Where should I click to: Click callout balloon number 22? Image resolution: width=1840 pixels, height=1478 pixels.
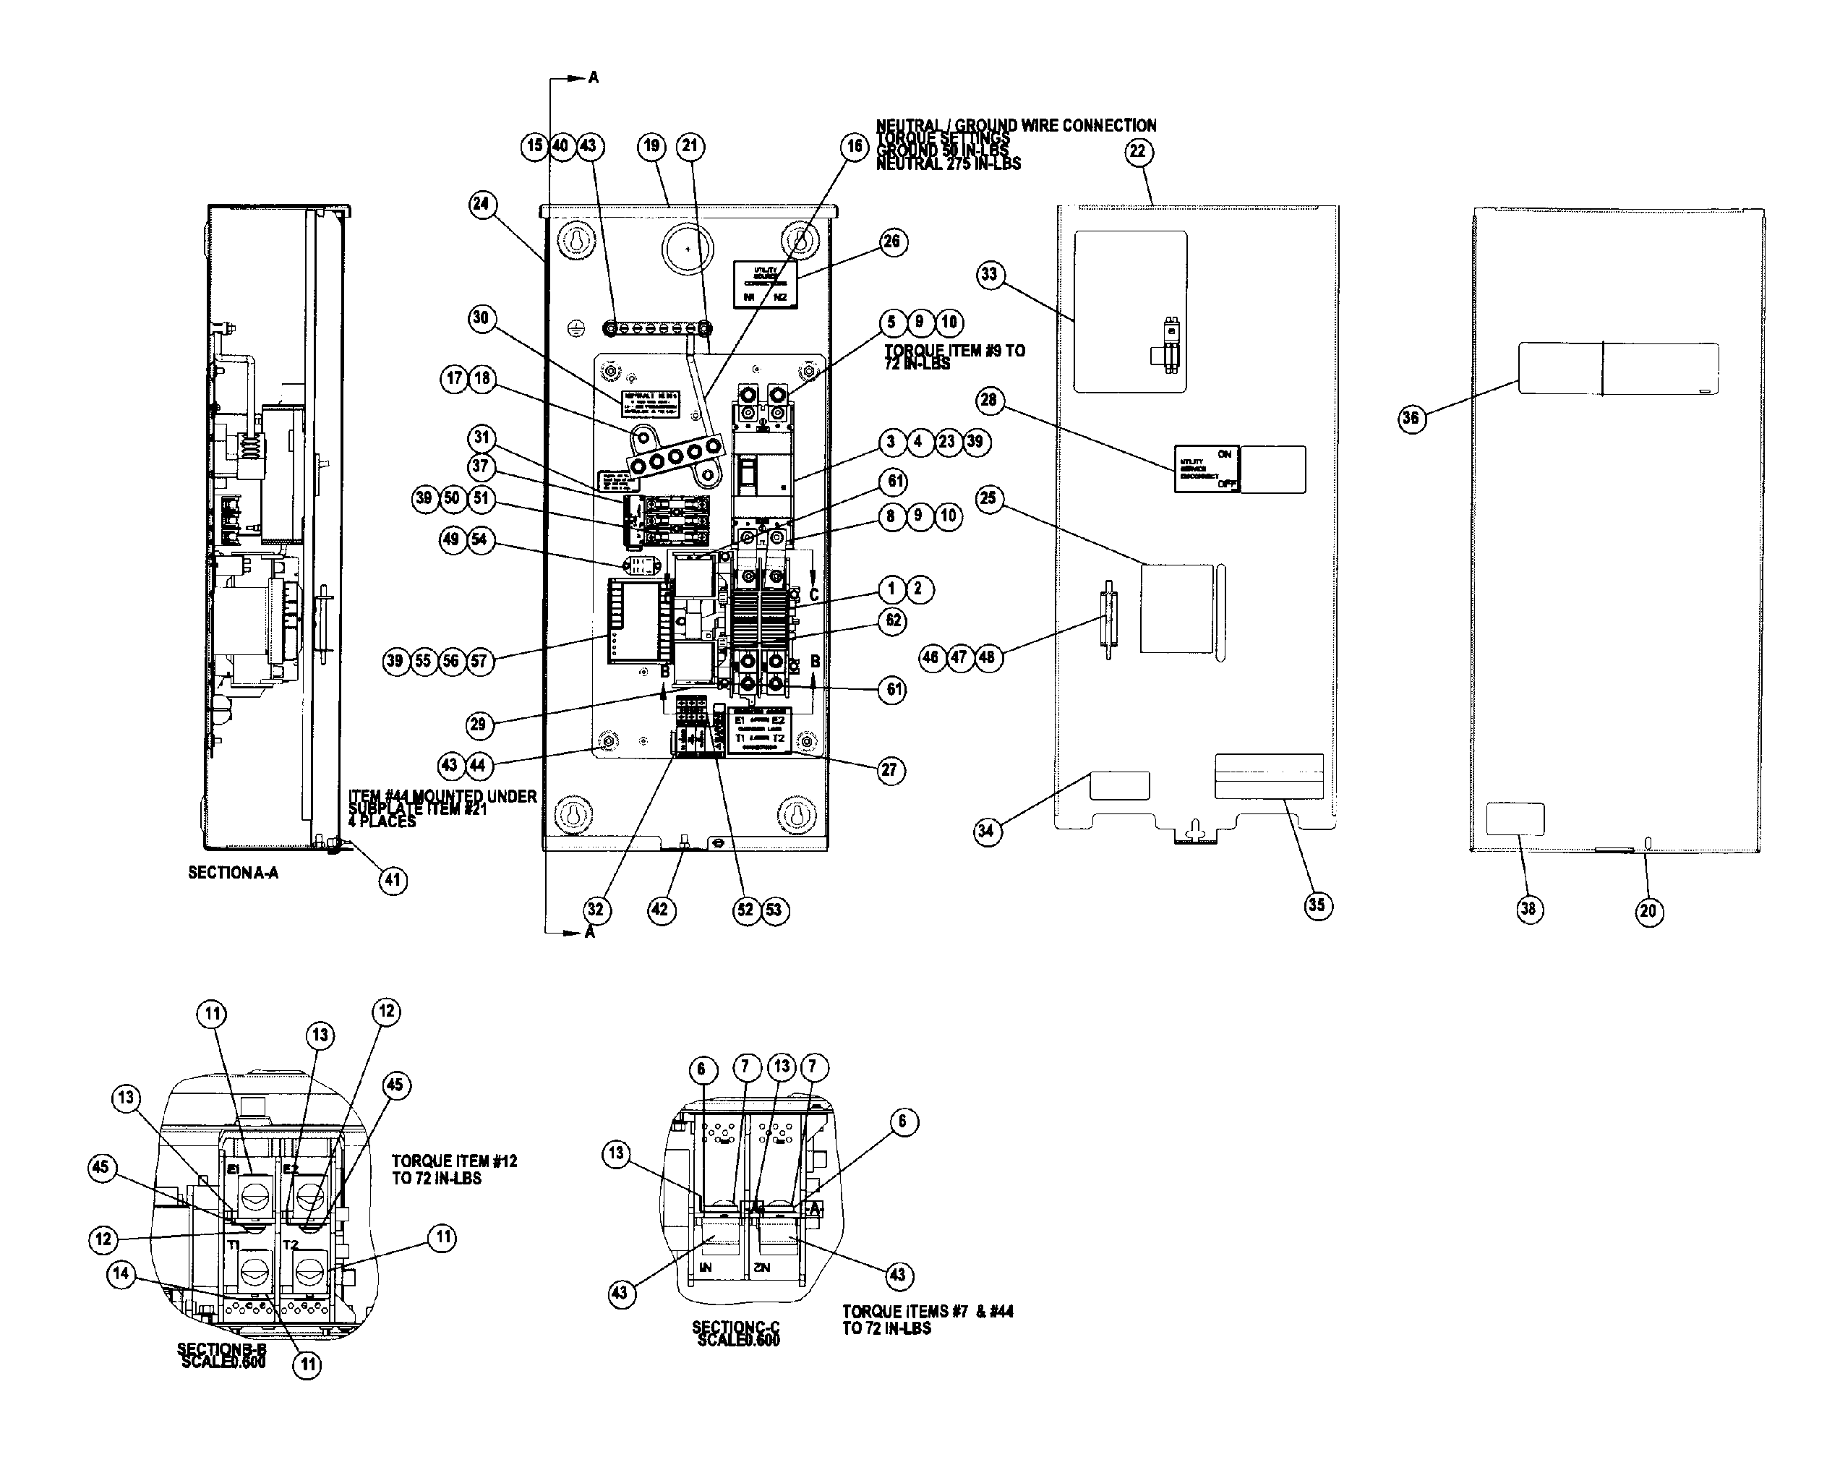1138,152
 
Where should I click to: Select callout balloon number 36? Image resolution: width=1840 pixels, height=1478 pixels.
1411,418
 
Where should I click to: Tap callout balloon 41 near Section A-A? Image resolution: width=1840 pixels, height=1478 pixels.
393,880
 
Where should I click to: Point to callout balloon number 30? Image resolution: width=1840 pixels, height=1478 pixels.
482,318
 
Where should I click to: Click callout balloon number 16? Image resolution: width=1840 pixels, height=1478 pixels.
855,147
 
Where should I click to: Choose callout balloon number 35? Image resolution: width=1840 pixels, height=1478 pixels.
1317,905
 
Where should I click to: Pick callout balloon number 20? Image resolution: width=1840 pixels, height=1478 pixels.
1648,910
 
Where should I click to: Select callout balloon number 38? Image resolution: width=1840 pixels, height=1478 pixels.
1528,909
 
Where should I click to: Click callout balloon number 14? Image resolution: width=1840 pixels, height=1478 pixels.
121,1274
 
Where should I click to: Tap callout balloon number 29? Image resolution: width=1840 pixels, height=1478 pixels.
478,725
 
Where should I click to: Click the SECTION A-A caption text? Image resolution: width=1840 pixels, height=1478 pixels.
233,873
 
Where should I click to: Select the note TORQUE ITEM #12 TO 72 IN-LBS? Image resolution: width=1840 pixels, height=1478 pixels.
454,1170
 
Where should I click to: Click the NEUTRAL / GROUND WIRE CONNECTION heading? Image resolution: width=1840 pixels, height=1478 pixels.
1016,125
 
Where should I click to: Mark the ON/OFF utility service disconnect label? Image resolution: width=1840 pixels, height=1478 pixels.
1207,469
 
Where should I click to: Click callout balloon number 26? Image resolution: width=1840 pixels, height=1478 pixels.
892,242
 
